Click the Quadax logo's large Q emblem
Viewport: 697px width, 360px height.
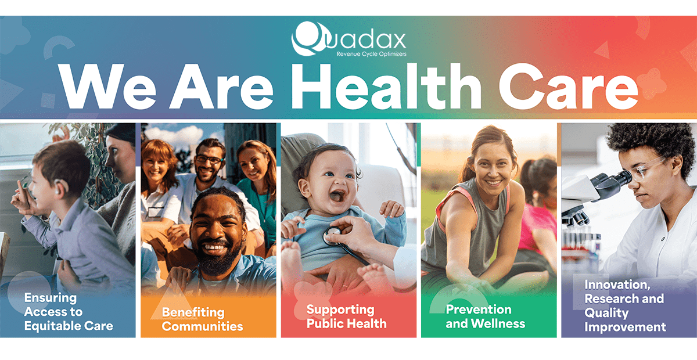pyautogui.click(x=308, y=38)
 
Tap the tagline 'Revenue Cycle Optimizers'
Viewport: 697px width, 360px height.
pyautogui.click(x=371, y=54)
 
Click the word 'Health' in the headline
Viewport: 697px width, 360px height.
pyautogui.click(x=386, y=87)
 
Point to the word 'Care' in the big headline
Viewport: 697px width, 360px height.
pyautogui.click(x=569, y=87)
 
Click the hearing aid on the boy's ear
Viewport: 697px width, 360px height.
pyautogui.click(x=57, y=190)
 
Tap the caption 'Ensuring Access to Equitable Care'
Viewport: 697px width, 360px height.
pyautogui.click(x=69, y=312)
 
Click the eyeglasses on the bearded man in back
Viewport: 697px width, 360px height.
pyautogui.click(x=209, y=160)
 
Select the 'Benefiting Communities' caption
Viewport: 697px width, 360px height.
pyautogui.click(x=202, y=319)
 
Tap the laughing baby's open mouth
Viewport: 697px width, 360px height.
pyautogui.click(x=337, y=197)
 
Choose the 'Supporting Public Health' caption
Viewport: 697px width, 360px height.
pyautogui.click(x=346, y=316)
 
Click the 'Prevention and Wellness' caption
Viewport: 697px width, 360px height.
pyautogui.click(x=486, y=316)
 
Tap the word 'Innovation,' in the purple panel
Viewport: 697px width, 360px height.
pyautogui.click(x=617, y=285)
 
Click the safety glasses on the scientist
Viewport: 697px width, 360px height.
pyautogui.click(x=646, y=168)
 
